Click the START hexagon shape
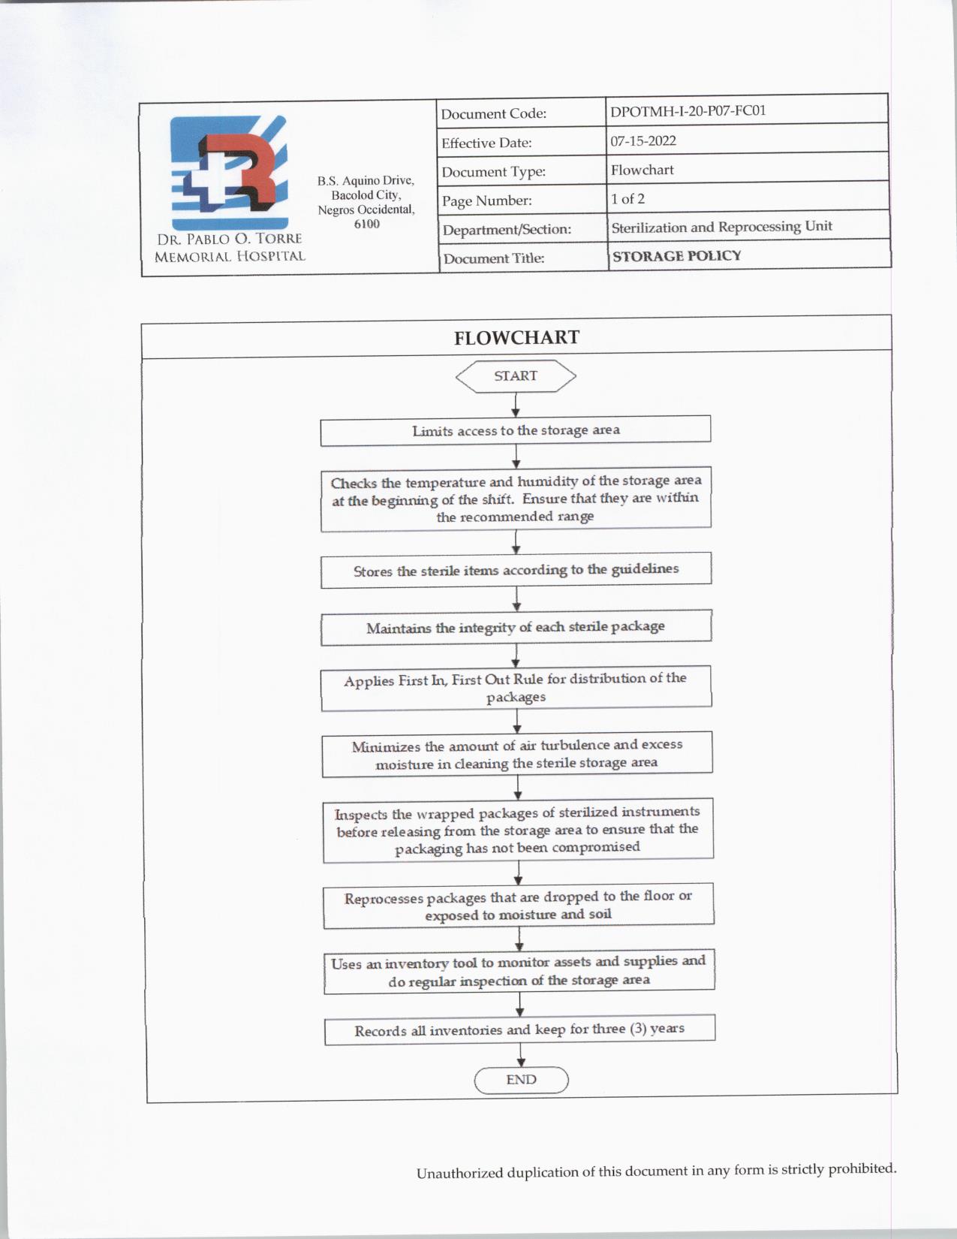tap(516, 376)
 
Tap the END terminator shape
tap(521, 1080)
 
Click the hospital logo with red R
tap(229, 173)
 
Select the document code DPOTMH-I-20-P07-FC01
tap(688, 111)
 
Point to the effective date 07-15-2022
tap(643, 140)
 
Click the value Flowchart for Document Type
tap(642, 170)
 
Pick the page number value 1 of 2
tap(627, 199)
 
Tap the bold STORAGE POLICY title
tap(676, 256)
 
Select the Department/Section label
tap(507, 230)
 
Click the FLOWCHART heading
tap(516, 338)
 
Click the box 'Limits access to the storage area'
tap(516, 430)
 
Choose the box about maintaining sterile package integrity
tap(516, 627)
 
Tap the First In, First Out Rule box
tap(516, 687)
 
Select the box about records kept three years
tap(519, 1029)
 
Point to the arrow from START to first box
tap(516, 405)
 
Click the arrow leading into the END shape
tap(521, 1055)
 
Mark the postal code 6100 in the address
tap(366, 224)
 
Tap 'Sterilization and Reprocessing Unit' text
tap(721, 227)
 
